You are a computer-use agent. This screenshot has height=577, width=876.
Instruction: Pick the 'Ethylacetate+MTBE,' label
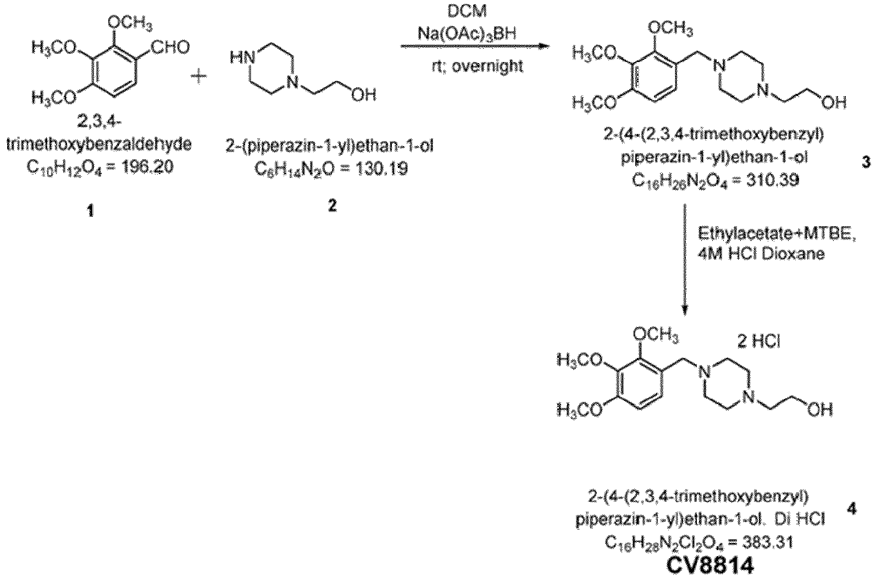tap(777, 234)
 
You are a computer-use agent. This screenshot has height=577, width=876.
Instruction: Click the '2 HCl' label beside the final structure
tap(758, 342)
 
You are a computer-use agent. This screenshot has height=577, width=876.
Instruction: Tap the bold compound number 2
tap(331, 206)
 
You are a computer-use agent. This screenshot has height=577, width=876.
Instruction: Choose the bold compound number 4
tap(851, 509)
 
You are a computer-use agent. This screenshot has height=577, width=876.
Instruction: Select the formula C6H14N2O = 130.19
tap(331, 168)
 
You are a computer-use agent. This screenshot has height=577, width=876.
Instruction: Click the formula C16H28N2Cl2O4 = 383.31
tap(698, 542)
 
